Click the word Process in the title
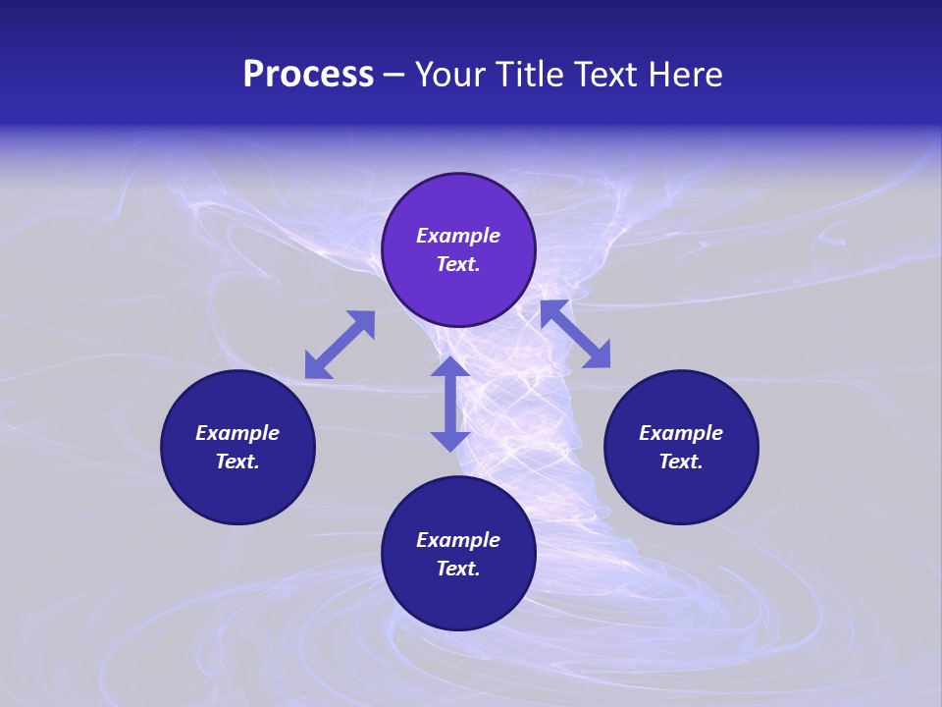click(308, 75)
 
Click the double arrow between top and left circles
click(340, 345)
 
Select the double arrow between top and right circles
click(576, 334)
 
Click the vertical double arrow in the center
click(450, 404)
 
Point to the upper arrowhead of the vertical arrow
click(450, 368)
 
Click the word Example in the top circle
click(458, 236)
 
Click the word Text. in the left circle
click(237, 462)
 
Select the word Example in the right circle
click(681, 433)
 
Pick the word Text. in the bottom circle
click(458, 569)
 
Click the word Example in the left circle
click(237, 433)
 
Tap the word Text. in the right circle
click(681, 462)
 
